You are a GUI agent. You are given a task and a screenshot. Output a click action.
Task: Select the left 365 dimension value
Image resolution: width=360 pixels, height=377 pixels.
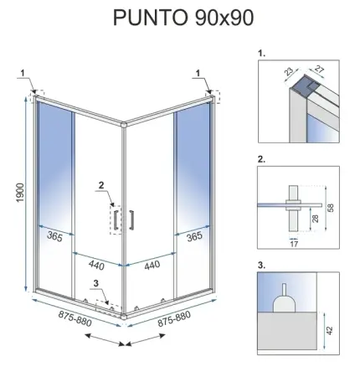56,237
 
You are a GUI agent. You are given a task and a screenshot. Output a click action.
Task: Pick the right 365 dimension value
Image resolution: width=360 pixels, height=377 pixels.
195,237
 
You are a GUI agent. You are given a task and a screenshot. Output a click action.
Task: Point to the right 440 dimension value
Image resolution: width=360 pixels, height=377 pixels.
152,264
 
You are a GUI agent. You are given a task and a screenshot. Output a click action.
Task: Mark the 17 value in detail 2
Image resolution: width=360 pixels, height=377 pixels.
292,244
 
